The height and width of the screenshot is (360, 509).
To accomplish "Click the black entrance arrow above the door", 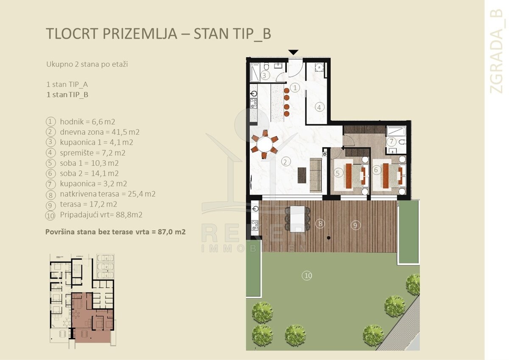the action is pyautogui.click(x=294, y=52).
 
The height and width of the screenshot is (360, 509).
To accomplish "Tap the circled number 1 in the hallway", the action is pyautogui.click(x=295, y=88).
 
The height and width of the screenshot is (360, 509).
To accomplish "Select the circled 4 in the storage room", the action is pyautogui.click(x=319, y=107).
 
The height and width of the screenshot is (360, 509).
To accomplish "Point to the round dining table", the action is pyautogui.click(x=265, y=144).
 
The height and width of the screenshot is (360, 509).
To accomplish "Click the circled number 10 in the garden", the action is pyautogui.click(x=307, y=276).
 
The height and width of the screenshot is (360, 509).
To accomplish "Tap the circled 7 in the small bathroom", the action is pyautogui.click(x=392, y=142).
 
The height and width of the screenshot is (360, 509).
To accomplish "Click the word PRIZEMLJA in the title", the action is pyautogui.click(x=140, y=33).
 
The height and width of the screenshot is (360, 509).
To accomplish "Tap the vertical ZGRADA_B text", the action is pyautogui.click(x=497, y=51).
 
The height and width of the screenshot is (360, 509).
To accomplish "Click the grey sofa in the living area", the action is pyautogui.click(x=316, y=176).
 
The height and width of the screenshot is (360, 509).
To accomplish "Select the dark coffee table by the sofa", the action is pyautogui.click(x=302, y=175).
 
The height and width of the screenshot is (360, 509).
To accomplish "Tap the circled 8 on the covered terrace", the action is pyautogui.click(x=320, y=224).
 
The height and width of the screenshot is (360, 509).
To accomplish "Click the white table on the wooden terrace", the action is pyautogui.click(x=298, y=219).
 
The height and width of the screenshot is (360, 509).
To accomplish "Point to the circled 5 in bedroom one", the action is pyautogui.click(x=338, y=173).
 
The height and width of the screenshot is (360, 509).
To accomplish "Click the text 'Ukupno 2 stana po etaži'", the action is pyautogui.click(x=87, y=64).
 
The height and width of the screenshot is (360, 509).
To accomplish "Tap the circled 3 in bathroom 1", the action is pyautogui.click(x=264, y=75).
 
